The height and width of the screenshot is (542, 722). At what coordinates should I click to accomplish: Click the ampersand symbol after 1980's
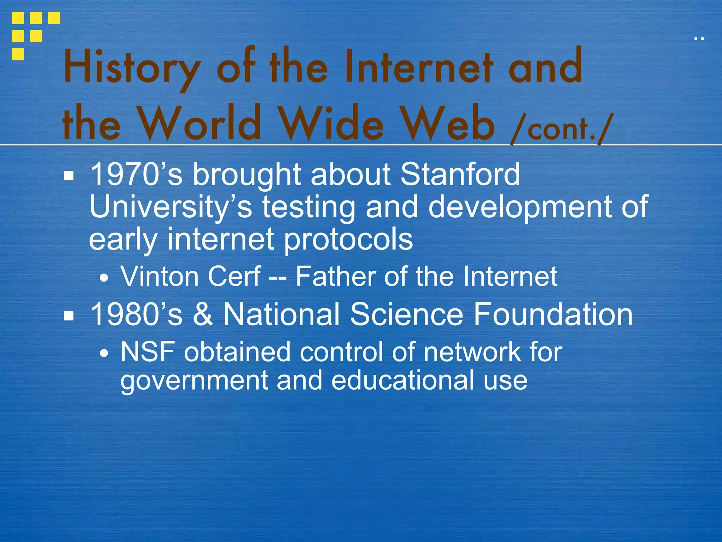pos(203,314)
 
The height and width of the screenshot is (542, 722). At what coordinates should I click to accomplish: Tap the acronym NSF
pos(148,352)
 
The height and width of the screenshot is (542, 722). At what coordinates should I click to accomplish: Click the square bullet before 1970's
pos(69,176)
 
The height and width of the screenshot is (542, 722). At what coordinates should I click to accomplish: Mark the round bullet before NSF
pos(104,353)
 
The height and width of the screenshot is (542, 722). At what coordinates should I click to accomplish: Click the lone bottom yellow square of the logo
pos(18,54)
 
